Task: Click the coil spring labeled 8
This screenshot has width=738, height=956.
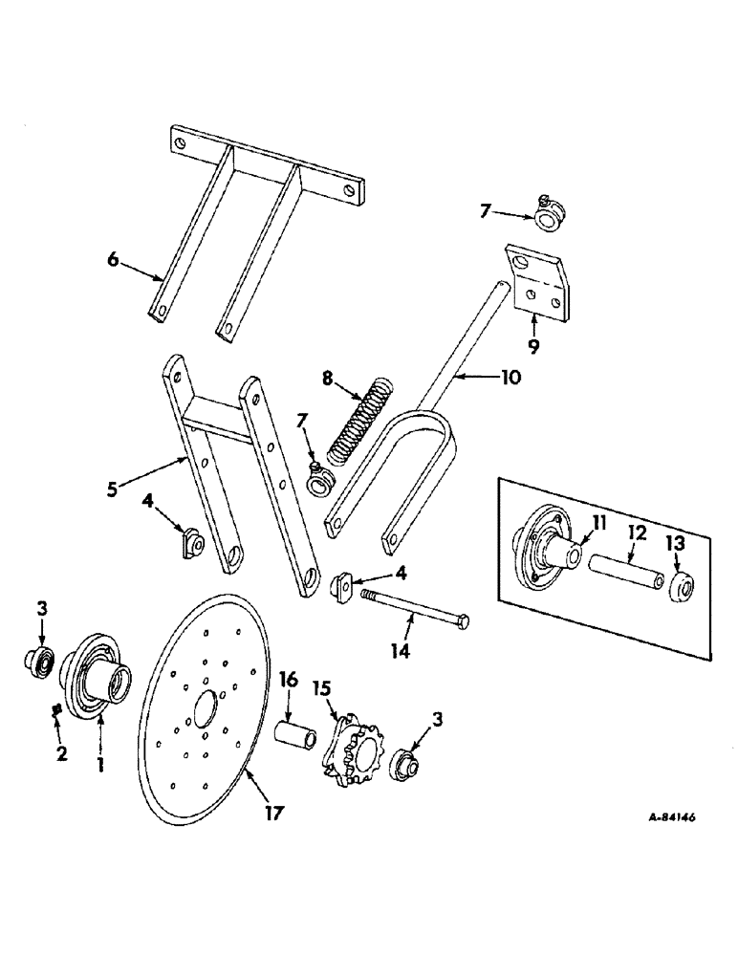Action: pyautogui.click(x=353, y=422)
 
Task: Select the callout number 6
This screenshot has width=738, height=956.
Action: pyautogui.click(x=114, y=261)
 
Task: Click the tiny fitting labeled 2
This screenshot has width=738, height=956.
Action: pyautogui.click(x=57, y=708)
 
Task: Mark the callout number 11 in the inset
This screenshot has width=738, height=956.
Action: pyautogui.click(x=598, y=521)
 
